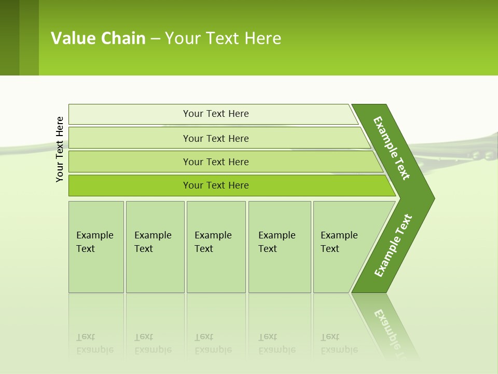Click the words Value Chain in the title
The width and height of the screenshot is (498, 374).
(98, 38)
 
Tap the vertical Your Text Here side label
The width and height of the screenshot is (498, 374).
(60, 149)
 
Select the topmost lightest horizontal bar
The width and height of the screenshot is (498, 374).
(213, 114)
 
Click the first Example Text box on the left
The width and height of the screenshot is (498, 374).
(96, 247)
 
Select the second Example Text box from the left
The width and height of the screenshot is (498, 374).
(155, 247)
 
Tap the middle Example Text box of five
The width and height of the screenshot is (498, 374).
(216, 247)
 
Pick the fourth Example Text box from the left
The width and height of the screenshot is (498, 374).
(279, 247)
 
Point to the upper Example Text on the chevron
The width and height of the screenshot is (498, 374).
(392, 148)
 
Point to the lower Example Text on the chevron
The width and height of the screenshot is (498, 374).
(393, 246)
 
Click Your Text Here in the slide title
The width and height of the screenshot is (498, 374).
(223, 38)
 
